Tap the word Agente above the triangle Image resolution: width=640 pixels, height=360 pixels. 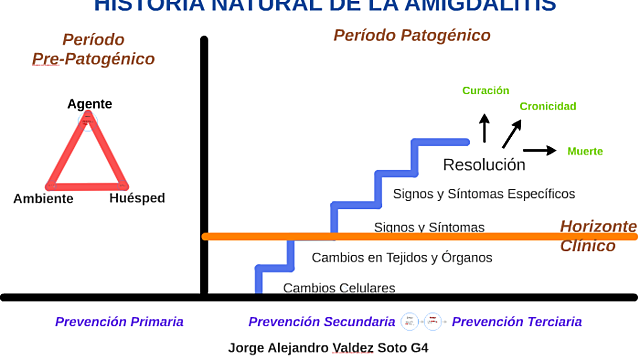(89, 104)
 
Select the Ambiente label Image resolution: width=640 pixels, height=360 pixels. (43, 199)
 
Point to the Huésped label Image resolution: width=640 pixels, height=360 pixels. (137, 198)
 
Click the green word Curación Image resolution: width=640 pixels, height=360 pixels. (485, 91)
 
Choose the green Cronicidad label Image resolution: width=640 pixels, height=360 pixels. (547, 106)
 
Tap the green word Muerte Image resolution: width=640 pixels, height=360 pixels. (585, 151)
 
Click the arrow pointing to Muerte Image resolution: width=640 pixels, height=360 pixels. (540, 151)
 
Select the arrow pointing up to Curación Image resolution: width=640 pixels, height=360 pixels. (485, 128)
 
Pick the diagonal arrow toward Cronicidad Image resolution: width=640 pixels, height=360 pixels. (512, 133)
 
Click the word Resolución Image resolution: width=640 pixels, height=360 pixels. (484, 165)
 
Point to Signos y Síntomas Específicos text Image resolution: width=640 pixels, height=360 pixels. (484, 193)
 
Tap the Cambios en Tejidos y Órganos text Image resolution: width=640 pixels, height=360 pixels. (402, 257)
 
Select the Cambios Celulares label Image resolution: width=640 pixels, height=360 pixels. (339, 288)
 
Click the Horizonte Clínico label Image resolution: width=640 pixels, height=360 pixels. (597, 235)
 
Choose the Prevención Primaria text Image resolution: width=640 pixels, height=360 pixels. (119, 322)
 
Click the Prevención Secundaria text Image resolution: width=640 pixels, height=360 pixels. (321, 322)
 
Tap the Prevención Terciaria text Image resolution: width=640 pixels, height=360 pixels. (517, 322)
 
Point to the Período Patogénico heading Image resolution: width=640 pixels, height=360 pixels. (411, 36)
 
